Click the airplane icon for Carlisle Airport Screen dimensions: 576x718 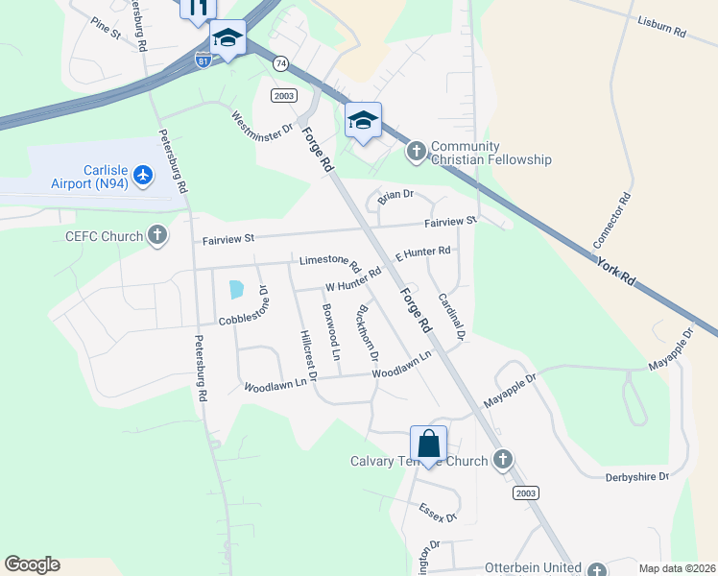coord(144,174)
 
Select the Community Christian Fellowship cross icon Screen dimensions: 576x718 coord(416,151)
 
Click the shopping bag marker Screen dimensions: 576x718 coord(429,445)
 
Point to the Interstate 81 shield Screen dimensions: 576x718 coord(203,60)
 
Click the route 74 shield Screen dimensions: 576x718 coord(280,63)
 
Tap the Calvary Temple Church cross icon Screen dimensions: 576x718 coord(502,460)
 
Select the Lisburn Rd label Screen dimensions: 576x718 coord(662,26)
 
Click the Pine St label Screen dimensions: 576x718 coord(106,28)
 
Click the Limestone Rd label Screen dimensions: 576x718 coord(329,262)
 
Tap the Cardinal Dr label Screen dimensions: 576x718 coord(451,317)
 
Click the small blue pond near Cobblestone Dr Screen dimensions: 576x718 coord(234,288)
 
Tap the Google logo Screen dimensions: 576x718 coord(32,564)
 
